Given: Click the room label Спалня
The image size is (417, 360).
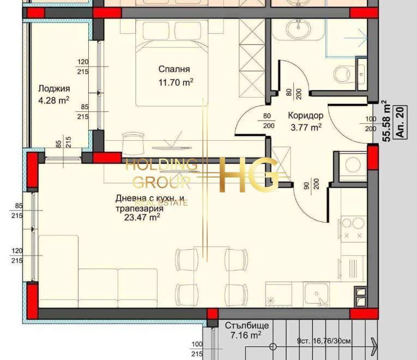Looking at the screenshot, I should click(174, 69).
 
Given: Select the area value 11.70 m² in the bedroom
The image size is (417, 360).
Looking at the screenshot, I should click(176, 82).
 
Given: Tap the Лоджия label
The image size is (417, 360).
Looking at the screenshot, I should click(54, 88).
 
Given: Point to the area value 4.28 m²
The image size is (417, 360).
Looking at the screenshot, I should click(54, 100).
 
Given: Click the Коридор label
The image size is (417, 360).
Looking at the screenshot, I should click(305, 116).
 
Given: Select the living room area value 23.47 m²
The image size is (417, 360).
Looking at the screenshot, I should click(142, 217).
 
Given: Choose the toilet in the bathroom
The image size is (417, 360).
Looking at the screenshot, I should click(344, 73).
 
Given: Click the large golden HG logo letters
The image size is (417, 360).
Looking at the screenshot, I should click(248, 175).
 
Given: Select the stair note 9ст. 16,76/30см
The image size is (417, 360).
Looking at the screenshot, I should click(323, 342).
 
